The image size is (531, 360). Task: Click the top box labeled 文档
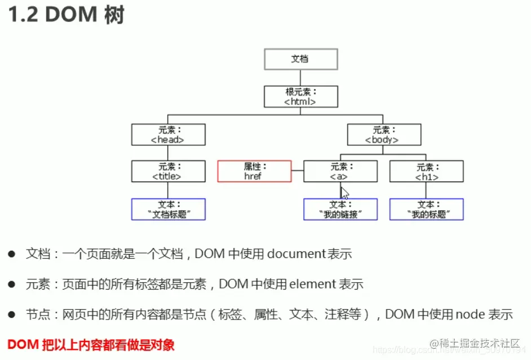pyautogui.click(x=300, y=59)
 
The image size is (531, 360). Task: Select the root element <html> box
pyautogui.click(x=300, y=96)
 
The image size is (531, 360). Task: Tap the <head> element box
pyautogui.click(x=168, y=135)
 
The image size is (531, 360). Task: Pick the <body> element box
pyautogui.click(x=383, y=135)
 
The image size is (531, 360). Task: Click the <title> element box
pyautogui.click(x=168, y=171)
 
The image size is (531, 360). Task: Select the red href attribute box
pyautogui.click(x=254, y=171)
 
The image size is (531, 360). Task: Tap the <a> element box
pyautogui.click(x=340, y=171)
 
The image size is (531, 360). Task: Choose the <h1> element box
pyautogui.click(x=426, y=171)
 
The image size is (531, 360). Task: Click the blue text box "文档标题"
pyautogui.click(x=168, y=209)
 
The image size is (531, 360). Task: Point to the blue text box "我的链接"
pyautogui.click(x=340, y=209)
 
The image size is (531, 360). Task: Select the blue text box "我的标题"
pyautogui.click(x=426, y=209)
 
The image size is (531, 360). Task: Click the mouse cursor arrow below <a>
pyautogui.click(x=344, y=192)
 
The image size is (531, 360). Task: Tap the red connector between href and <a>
pyautogui.click(x=297, y=171)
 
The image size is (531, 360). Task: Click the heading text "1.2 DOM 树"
pyautogui.click(x=65, y=15)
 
